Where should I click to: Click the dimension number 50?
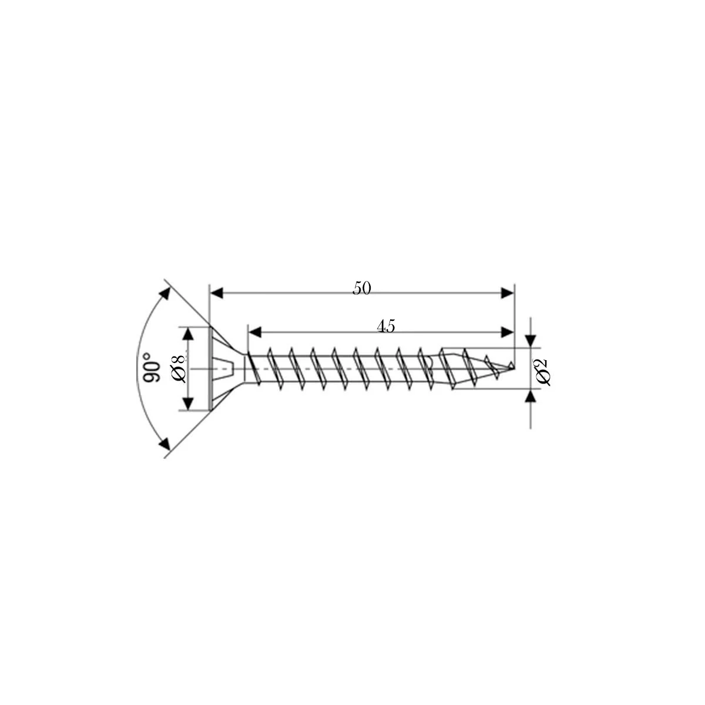(361, 288)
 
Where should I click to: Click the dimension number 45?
(386, 326)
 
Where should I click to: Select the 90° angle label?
(152, 367)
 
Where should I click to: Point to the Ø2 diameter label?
(543, 372)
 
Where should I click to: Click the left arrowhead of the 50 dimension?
(217, 293)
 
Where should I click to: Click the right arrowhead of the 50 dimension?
(507, 293)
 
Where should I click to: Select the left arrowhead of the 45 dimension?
(256, 332)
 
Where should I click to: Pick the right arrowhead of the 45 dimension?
(507, 332)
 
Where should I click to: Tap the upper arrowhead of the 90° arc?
(166, 294)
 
